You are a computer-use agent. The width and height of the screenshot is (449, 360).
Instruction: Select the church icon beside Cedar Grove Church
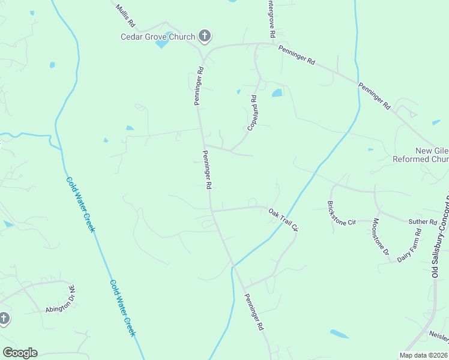(x=205, y=37)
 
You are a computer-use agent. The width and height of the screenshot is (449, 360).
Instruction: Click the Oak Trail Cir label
(x=283, y=220)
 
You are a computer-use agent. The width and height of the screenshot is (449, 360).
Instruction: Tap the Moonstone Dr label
(x=382, y=236)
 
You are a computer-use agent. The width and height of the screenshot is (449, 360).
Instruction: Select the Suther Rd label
(x=423, y=222)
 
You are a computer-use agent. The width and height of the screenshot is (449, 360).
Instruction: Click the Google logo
(x=20, y=353)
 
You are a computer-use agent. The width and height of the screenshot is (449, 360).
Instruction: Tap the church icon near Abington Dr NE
(x=4, y=319)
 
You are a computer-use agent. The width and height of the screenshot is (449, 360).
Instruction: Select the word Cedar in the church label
(x=130, y=37)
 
